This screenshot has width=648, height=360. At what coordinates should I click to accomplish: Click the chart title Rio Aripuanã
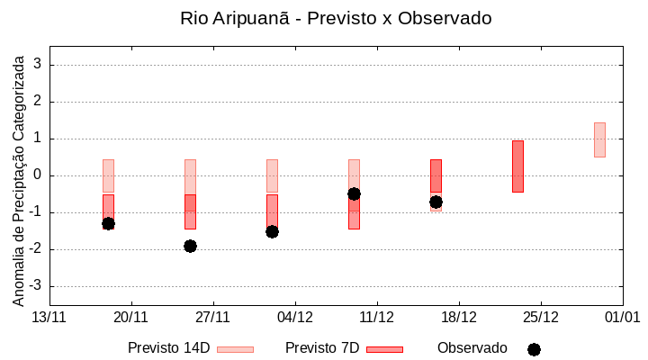(x=336, y=18)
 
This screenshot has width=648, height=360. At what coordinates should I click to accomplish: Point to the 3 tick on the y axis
(x=39, y=65)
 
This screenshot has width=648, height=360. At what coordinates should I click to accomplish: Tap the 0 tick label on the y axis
(x=39, y=175)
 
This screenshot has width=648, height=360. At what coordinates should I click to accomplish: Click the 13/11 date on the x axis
(x=49, y=317)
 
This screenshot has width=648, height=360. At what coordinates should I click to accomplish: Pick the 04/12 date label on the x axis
(x=295, y=317)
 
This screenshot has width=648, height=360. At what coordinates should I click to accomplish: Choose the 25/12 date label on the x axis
(x=541, y=317)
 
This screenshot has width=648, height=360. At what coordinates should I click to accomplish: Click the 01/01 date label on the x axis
(x=622, y=317)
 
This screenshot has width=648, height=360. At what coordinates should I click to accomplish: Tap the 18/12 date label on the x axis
(x=459, y=317)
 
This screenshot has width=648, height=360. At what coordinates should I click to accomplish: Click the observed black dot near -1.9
(x=190, y=246)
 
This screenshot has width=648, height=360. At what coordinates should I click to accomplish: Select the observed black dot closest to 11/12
(x=354, y=193)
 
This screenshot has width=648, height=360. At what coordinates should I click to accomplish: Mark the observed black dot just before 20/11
(x=108, y=223)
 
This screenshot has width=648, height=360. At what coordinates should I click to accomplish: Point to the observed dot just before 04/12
(x=272, y=231)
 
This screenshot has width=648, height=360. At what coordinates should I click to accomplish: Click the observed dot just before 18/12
(x=436, y=202)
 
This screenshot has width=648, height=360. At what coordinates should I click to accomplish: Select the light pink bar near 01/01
(x=599, y=139)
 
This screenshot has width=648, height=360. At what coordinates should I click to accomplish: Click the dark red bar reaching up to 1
(x=517, y=166)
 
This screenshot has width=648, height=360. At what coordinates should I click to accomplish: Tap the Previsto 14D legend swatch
(x=235, y=349)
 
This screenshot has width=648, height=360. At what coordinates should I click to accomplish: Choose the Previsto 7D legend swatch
(x=384, y=349)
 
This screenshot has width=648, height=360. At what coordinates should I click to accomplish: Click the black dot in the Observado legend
(x=534, y=349)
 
